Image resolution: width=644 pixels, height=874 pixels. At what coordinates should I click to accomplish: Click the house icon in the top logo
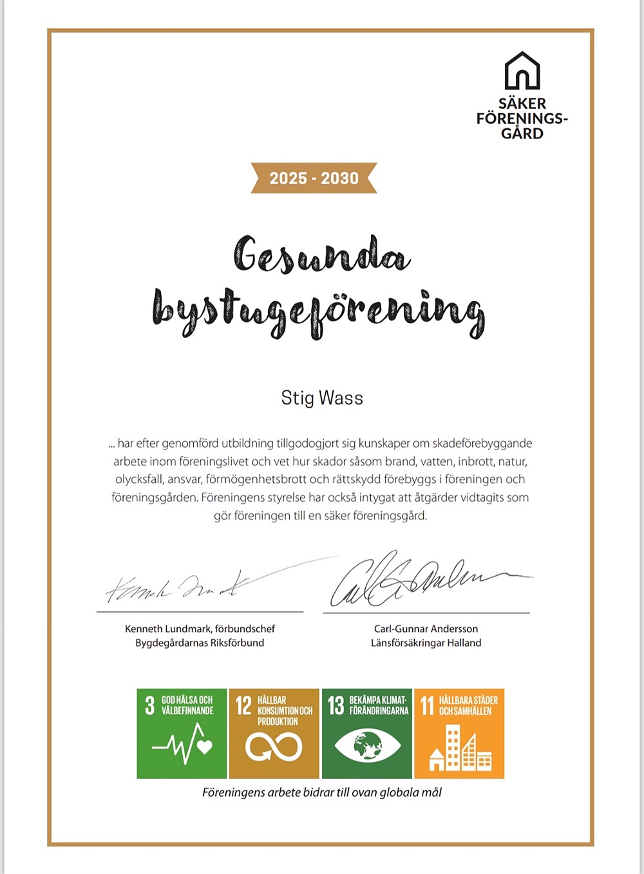point(522,71)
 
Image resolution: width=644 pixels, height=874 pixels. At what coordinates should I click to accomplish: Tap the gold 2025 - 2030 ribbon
point(314,178)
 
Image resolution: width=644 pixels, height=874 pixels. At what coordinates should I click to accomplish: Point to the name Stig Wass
point(322,398)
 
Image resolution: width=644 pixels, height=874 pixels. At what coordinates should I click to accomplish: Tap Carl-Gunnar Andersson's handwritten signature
point(412,580)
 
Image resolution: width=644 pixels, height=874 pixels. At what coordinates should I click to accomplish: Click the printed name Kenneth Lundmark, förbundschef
point(200,629)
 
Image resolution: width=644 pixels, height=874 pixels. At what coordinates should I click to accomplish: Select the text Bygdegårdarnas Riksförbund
point(200,643)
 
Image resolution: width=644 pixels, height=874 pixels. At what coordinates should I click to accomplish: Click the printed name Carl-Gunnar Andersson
point(426,629)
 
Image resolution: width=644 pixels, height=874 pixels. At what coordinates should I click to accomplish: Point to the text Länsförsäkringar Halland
point(426,643)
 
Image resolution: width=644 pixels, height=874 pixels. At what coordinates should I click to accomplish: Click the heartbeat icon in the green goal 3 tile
point(183,745)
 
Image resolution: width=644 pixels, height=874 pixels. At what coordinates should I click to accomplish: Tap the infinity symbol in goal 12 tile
point(274,747)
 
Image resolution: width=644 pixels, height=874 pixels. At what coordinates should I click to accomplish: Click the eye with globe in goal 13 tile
point(367,746)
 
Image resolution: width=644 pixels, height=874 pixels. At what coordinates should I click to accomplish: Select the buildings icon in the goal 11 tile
point(460,748)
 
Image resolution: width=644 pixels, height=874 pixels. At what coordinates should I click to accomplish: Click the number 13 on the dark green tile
point(336,705)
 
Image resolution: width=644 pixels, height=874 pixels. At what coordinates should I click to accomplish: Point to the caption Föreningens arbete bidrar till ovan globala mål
point(322,793)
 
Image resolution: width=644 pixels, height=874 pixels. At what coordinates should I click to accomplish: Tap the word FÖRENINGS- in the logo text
point(522,119)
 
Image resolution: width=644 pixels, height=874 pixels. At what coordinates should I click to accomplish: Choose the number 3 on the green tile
point(149,705)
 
